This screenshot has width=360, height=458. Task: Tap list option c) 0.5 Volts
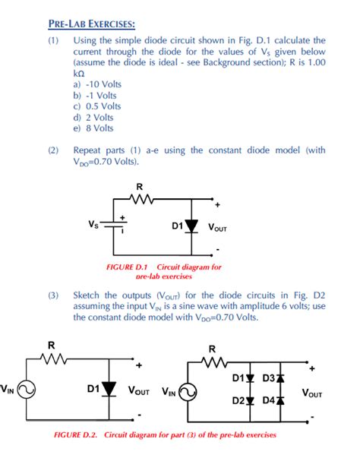pyautogui.click(x=97, y=106)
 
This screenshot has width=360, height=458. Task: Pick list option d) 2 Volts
pyautogui.click(x=94, y=117)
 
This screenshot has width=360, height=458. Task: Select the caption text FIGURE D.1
pyautogui.click(x=130, y=267)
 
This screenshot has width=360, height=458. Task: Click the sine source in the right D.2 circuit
pyautogui.click(x=188, y=391)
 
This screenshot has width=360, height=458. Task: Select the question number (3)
pyautogui.click(x=53, y=293)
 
